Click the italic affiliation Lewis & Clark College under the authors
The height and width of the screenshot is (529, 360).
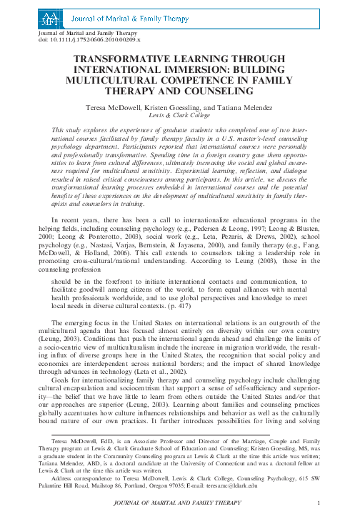pyautogui.click(x=179, y=114)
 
